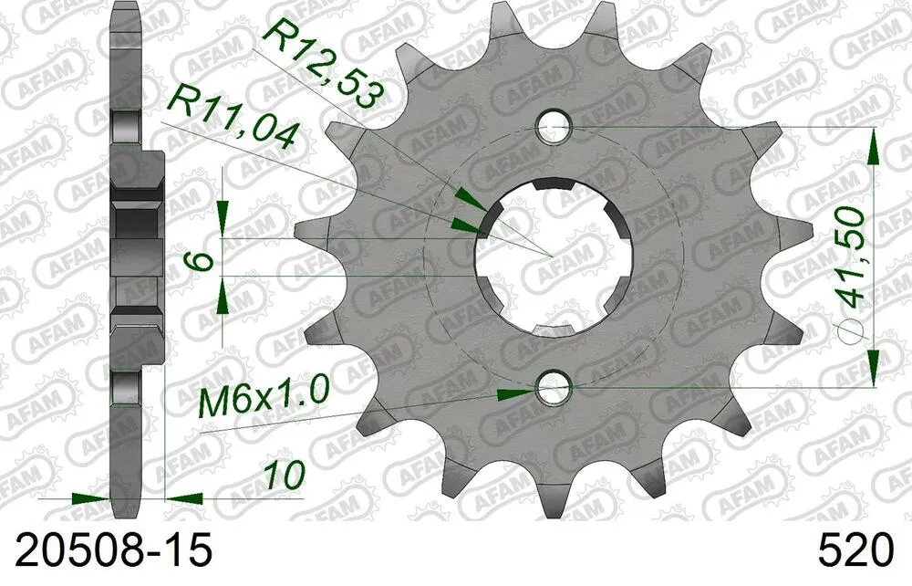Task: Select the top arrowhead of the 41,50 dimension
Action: pyautogui.click(x=874, y=146)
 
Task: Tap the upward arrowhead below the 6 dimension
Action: pyautogui.click(x=221, y=297)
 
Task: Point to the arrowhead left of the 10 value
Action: pyautogui.click(x=185, y=499)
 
